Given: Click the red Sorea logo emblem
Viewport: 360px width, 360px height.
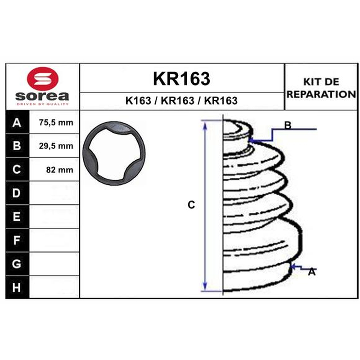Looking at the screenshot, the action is coord(43,79).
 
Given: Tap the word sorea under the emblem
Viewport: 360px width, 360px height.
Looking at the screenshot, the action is coord(42,96).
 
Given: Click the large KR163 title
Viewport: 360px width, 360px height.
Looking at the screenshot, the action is coord(181,78).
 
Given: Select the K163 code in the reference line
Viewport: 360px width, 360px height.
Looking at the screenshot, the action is coord(138,100).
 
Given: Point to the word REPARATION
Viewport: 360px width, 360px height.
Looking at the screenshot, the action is coord(321,94).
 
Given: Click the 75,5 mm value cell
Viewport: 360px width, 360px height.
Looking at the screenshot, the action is coord(54,122).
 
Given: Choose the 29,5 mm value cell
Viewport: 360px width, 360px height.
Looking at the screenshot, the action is coord(54,146).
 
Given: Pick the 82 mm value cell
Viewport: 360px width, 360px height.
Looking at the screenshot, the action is coord(54,170).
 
